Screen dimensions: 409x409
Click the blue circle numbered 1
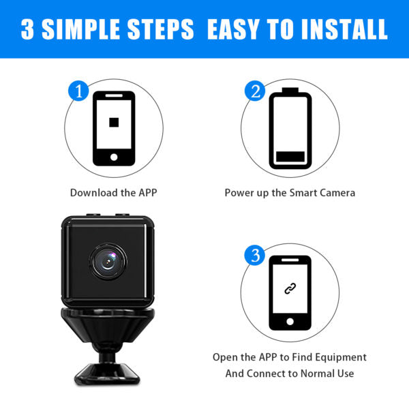pos(78,91)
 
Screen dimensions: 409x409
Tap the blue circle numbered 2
pos(255,91)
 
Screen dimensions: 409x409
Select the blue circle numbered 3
pos(254,255)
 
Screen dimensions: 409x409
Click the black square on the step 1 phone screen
pos(114,122)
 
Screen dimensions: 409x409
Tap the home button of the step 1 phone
pos(114,157)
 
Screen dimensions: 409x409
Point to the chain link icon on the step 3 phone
pos(290,288)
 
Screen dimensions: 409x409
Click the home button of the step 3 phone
pos(290,321)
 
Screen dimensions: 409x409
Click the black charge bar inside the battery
pos(290,157)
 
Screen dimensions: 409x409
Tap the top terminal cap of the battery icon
pos(290,90)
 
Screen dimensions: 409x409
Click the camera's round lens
pos(108,261)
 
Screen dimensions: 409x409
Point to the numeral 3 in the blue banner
pos(27,29)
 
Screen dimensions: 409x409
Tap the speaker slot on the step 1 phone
pos(114,95)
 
